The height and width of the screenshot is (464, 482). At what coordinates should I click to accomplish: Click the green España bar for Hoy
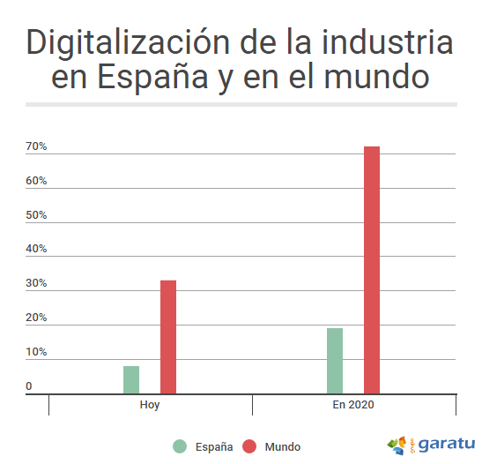click(131, 379)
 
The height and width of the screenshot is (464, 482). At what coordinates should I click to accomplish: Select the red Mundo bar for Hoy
click(168, 337)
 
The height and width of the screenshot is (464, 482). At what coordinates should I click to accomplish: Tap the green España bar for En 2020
click(335, 361)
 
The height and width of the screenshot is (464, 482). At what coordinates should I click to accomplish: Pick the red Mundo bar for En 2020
click(372, 270)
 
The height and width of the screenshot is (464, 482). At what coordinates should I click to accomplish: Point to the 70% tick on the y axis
click(36, 146)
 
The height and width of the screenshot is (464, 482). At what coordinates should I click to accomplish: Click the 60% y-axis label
click(36, 181)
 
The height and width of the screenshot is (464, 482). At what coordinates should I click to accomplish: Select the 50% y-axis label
click(36, 215)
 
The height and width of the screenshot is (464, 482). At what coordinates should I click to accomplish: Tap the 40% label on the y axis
click(36, 250)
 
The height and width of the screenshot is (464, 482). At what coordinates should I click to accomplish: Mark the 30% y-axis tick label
click(36, 284)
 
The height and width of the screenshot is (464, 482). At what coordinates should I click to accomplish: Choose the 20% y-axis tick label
click(36, 318)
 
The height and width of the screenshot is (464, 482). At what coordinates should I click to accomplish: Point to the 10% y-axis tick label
click(36, 352)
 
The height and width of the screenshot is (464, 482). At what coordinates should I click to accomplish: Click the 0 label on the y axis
click(29, 386)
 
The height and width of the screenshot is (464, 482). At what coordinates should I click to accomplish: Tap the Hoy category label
click(150, 405)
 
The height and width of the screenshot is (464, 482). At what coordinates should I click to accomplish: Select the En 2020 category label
click(353, 405)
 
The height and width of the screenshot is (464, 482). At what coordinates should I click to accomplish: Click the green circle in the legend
click(180, 446)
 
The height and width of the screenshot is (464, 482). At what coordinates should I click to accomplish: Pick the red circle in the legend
click(249, 446)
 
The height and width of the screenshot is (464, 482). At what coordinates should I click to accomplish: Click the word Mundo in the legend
click(282, 447)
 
